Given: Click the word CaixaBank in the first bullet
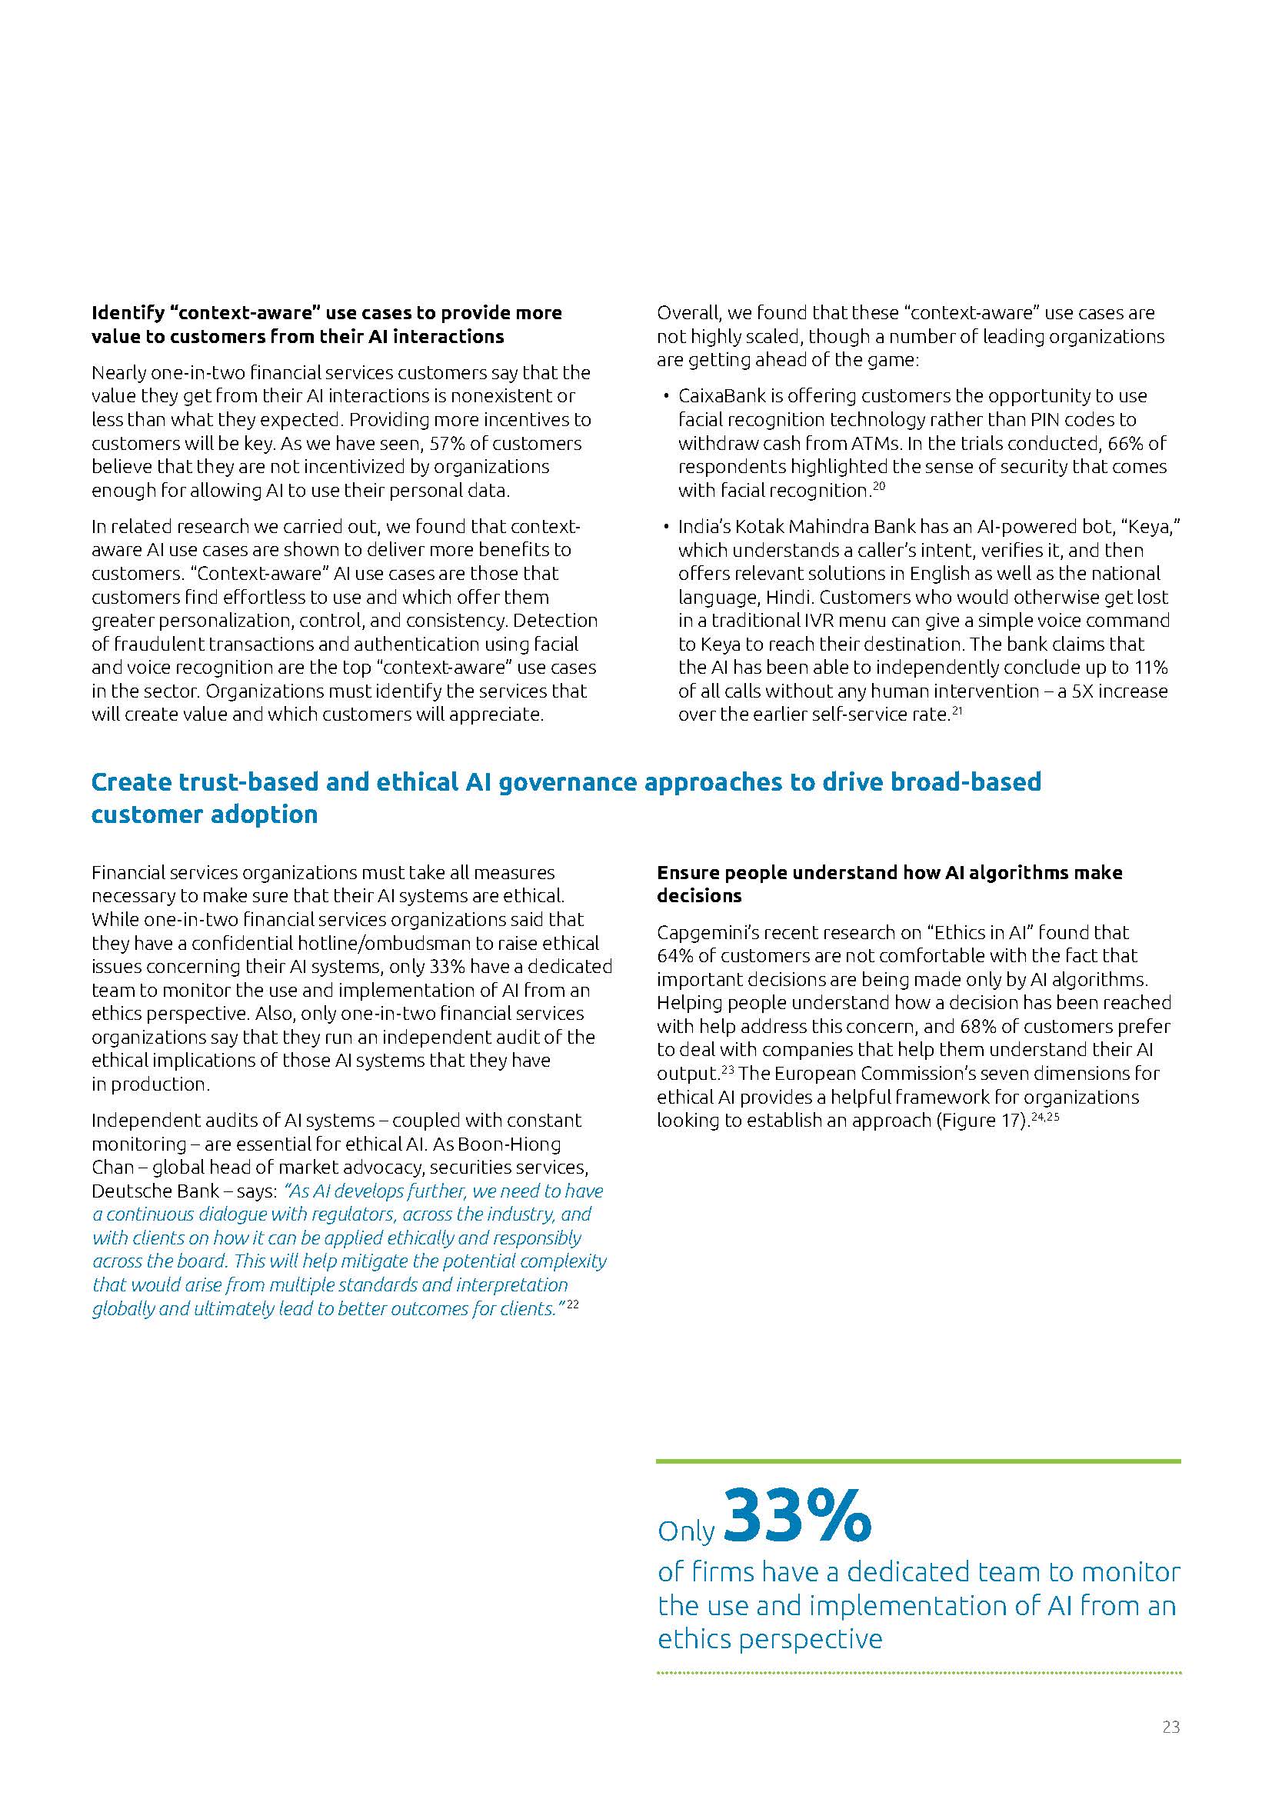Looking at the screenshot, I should pos(718,396).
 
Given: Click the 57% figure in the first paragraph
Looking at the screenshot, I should pos(448,444).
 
